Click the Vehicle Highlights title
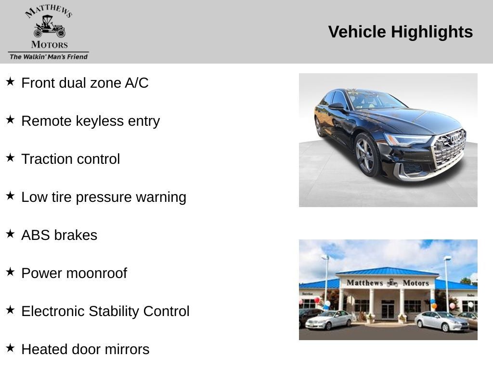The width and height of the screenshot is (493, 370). [x=400, y=32]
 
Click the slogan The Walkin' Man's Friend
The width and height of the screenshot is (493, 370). [x=49, y=57]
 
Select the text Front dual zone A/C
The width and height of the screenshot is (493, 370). [x=85, y=83]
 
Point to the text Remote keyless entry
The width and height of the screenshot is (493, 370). [x=91, y=121]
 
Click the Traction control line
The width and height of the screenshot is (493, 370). [x=70, y=159]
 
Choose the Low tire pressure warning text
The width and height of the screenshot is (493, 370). [x=104, y=197]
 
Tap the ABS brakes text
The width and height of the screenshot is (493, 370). [x=59, y=235]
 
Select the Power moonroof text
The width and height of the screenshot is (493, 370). [x=74, y=273]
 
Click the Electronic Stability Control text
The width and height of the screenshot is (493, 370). [x=105, y=311]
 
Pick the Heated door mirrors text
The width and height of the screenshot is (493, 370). [x=85, y=349]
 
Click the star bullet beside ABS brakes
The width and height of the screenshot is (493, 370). [x=10, y=234]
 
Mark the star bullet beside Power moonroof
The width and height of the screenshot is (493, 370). [x=10, y=272]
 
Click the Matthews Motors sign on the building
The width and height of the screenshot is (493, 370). [x=388, y=283]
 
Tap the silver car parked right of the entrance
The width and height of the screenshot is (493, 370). [x=441, y=321]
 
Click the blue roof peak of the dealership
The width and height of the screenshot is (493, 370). [x=388, y=270]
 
